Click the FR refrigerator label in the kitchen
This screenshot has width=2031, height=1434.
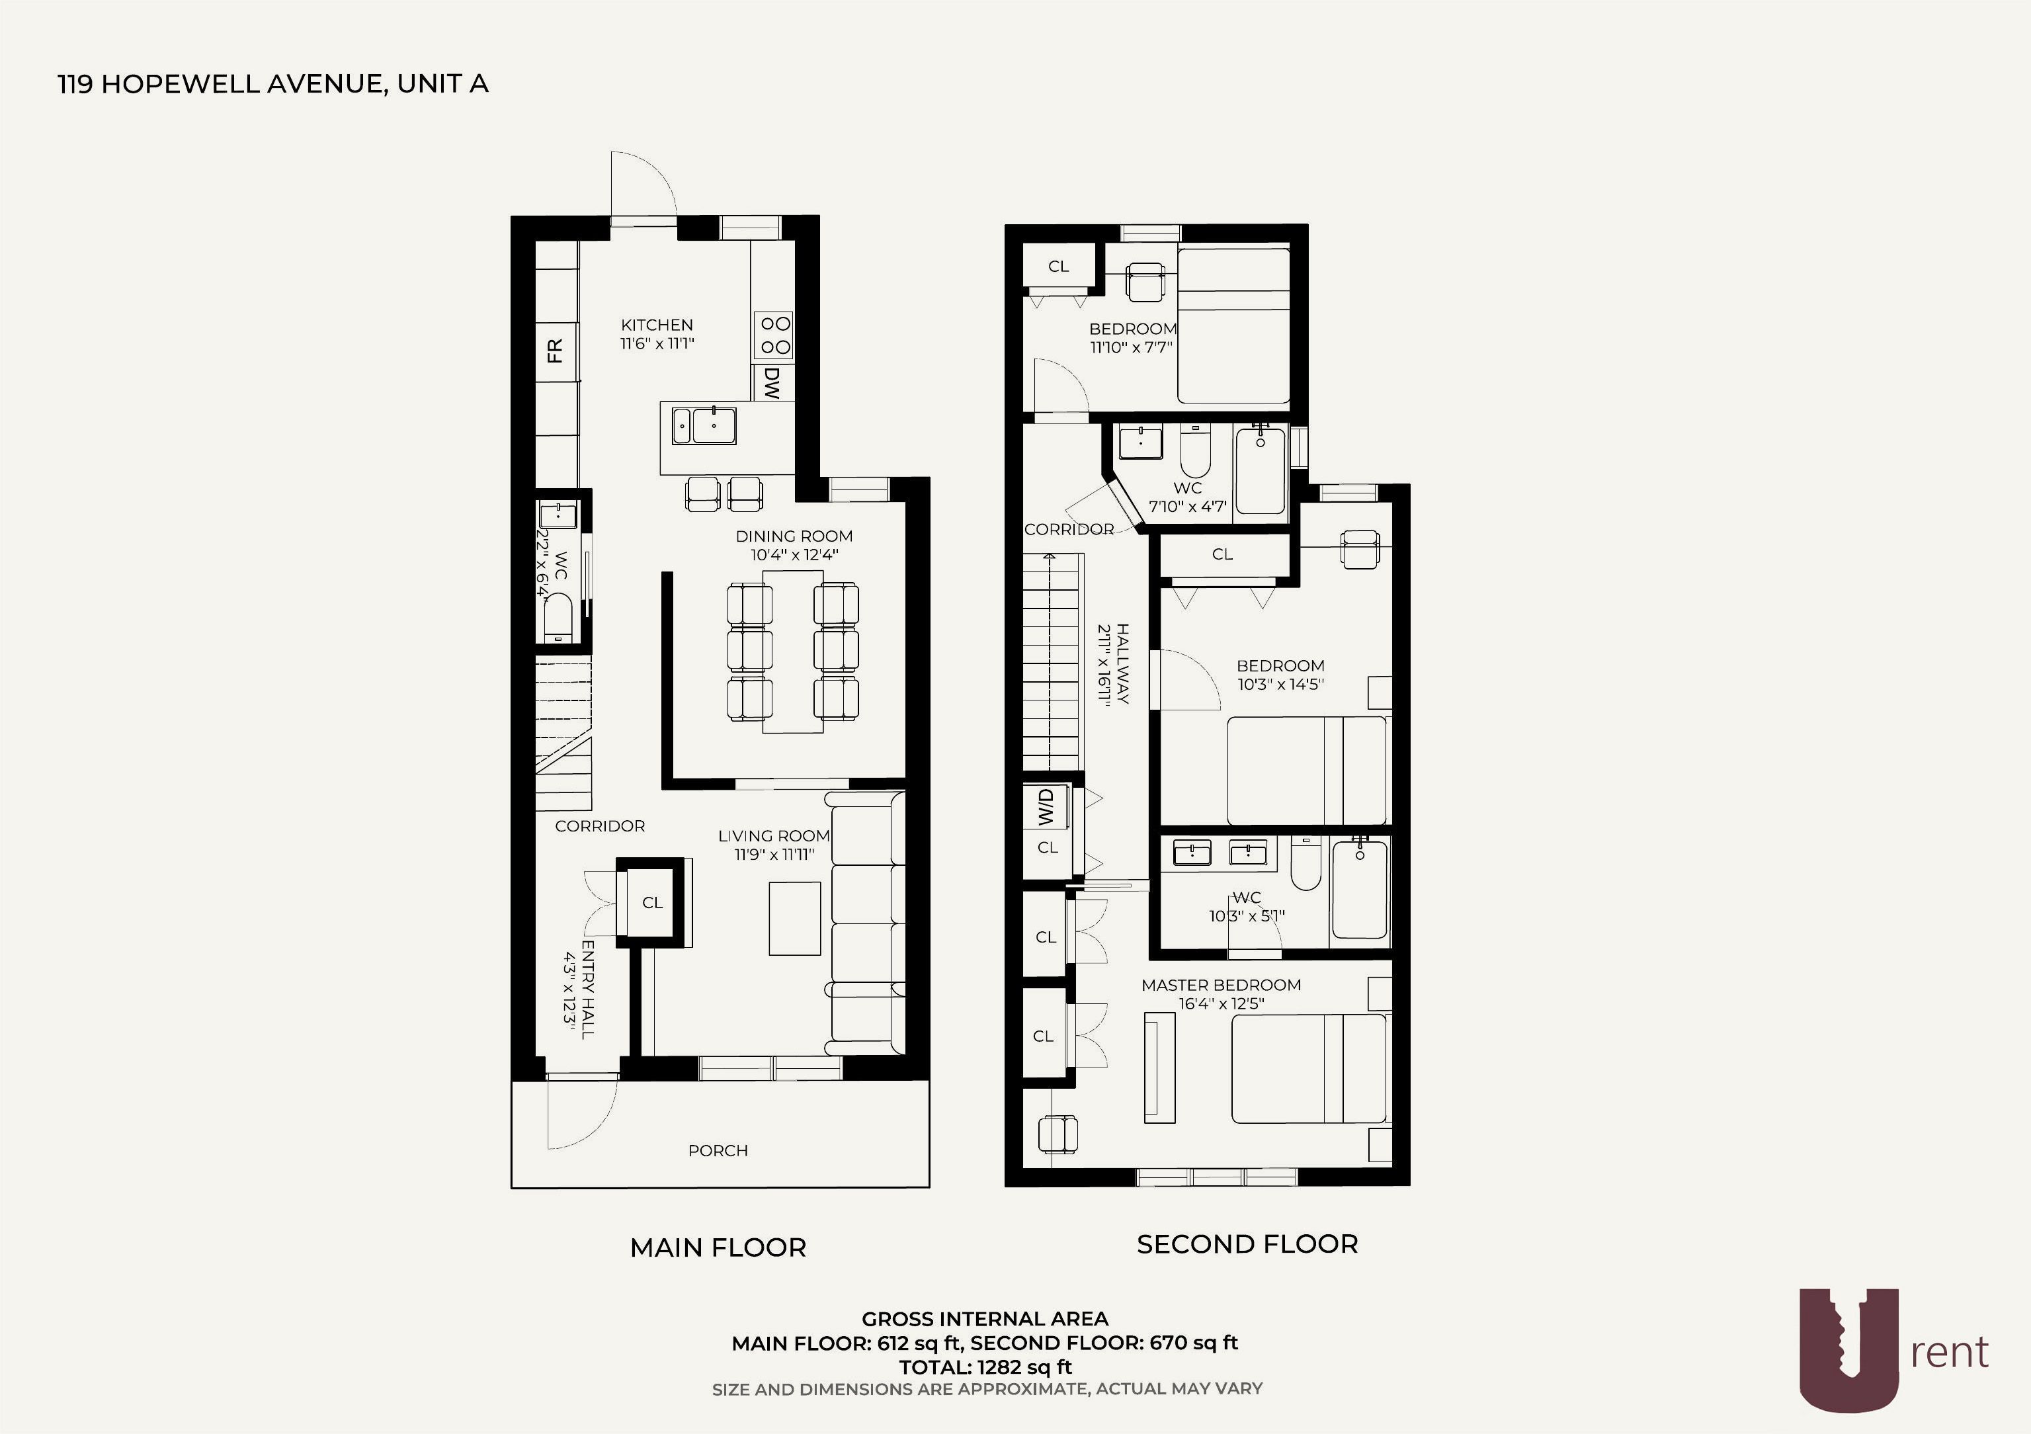[556, 351]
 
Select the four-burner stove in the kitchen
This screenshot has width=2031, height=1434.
[774, 335]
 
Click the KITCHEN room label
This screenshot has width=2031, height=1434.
[656, 325]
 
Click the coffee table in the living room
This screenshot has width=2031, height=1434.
[794, 918]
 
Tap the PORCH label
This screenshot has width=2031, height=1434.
[718, 1150]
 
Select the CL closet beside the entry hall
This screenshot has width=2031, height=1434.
[653, 902]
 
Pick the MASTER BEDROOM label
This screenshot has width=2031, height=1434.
[1221, 985]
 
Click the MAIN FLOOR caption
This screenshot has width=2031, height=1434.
[718, 1247]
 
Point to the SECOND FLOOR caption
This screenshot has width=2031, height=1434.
[1247, 1244]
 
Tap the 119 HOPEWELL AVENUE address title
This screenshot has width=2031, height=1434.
[273, 84]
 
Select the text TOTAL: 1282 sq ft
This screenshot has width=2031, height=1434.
[985, 1367]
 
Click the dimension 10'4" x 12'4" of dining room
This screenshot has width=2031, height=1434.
[794, 555]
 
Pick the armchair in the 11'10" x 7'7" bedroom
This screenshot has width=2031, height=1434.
[1146, 281]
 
